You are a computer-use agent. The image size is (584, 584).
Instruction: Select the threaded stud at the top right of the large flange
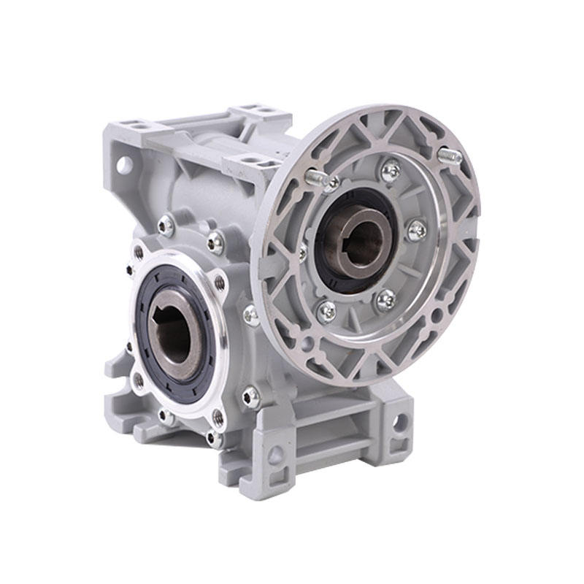(x=450, y=156)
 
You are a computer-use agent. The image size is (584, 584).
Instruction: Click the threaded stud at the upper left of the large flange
(x=315, y=177)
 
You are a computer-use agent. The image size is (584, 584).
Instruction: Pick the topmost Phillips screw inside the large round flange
(x=391, y=171)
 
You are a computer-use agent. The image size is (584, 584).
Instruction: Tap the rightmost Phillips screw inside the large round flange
(x=417, y=231)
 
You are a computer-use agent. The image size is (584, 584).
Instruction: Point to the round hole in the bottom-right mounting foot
(x=399, y=421)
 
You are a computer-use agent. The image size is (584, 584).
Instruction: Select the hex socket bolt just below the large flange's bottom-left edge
(x=250, y=396)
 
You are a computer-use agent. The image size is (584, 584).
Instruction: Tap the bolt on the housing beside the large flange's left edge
(x=250, y=315)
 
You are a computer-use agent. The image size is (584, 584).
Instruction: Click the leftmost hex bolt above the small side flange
(x=166, y=226)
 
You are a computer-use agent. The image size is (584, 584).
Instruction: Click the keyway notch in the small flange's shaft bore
(x=161, y=318)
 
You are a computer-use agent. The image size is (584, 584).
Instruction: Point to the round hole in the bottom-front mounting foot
(x=276, y=457)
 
